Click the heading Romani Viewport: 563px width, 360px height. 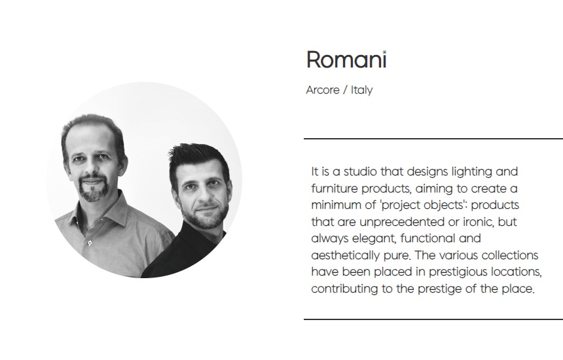(346, 59)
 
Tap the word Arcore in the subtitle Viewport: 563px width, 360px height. (323, 90)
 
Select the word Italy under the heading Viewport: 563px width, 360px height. (361, 90)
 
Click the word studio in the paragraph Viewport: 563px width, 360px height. (360, 171)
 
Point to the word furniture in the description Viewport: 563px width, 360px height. (335, 189)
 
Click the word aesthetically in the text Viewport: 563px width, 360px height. (345, 255)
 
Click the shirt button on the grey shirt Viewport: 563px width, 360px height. (90, 243)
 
